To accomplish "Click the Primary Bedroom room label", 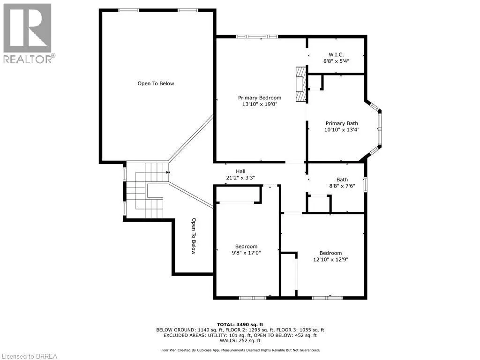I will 260,98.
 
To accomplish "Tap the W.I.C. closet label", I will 336,54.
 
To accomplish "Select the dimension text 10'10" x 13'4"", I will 342,130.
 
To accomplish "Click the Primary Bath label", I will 342,124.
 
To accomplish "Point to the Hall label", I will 240,172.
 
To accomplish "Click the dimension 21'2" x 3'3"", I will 240,178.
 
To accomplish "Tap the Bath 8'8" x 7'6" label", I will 342,182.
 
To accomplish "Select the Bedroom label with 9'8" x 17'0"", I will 246,247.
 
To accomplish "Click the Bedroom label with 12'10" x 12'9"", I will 330,253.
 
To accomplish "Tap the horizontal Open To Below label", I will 156,83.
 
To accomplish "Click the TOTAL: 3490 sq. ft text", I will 240,324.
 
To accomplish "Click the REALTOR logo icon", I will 27,28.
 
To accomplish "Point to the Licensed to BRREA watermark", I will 29,356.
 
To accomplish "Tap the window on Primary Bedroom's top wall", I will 257,37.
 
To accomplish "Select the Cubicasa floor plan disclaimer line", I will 240,350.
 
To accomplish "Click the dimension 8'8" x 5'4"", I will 336,61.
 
